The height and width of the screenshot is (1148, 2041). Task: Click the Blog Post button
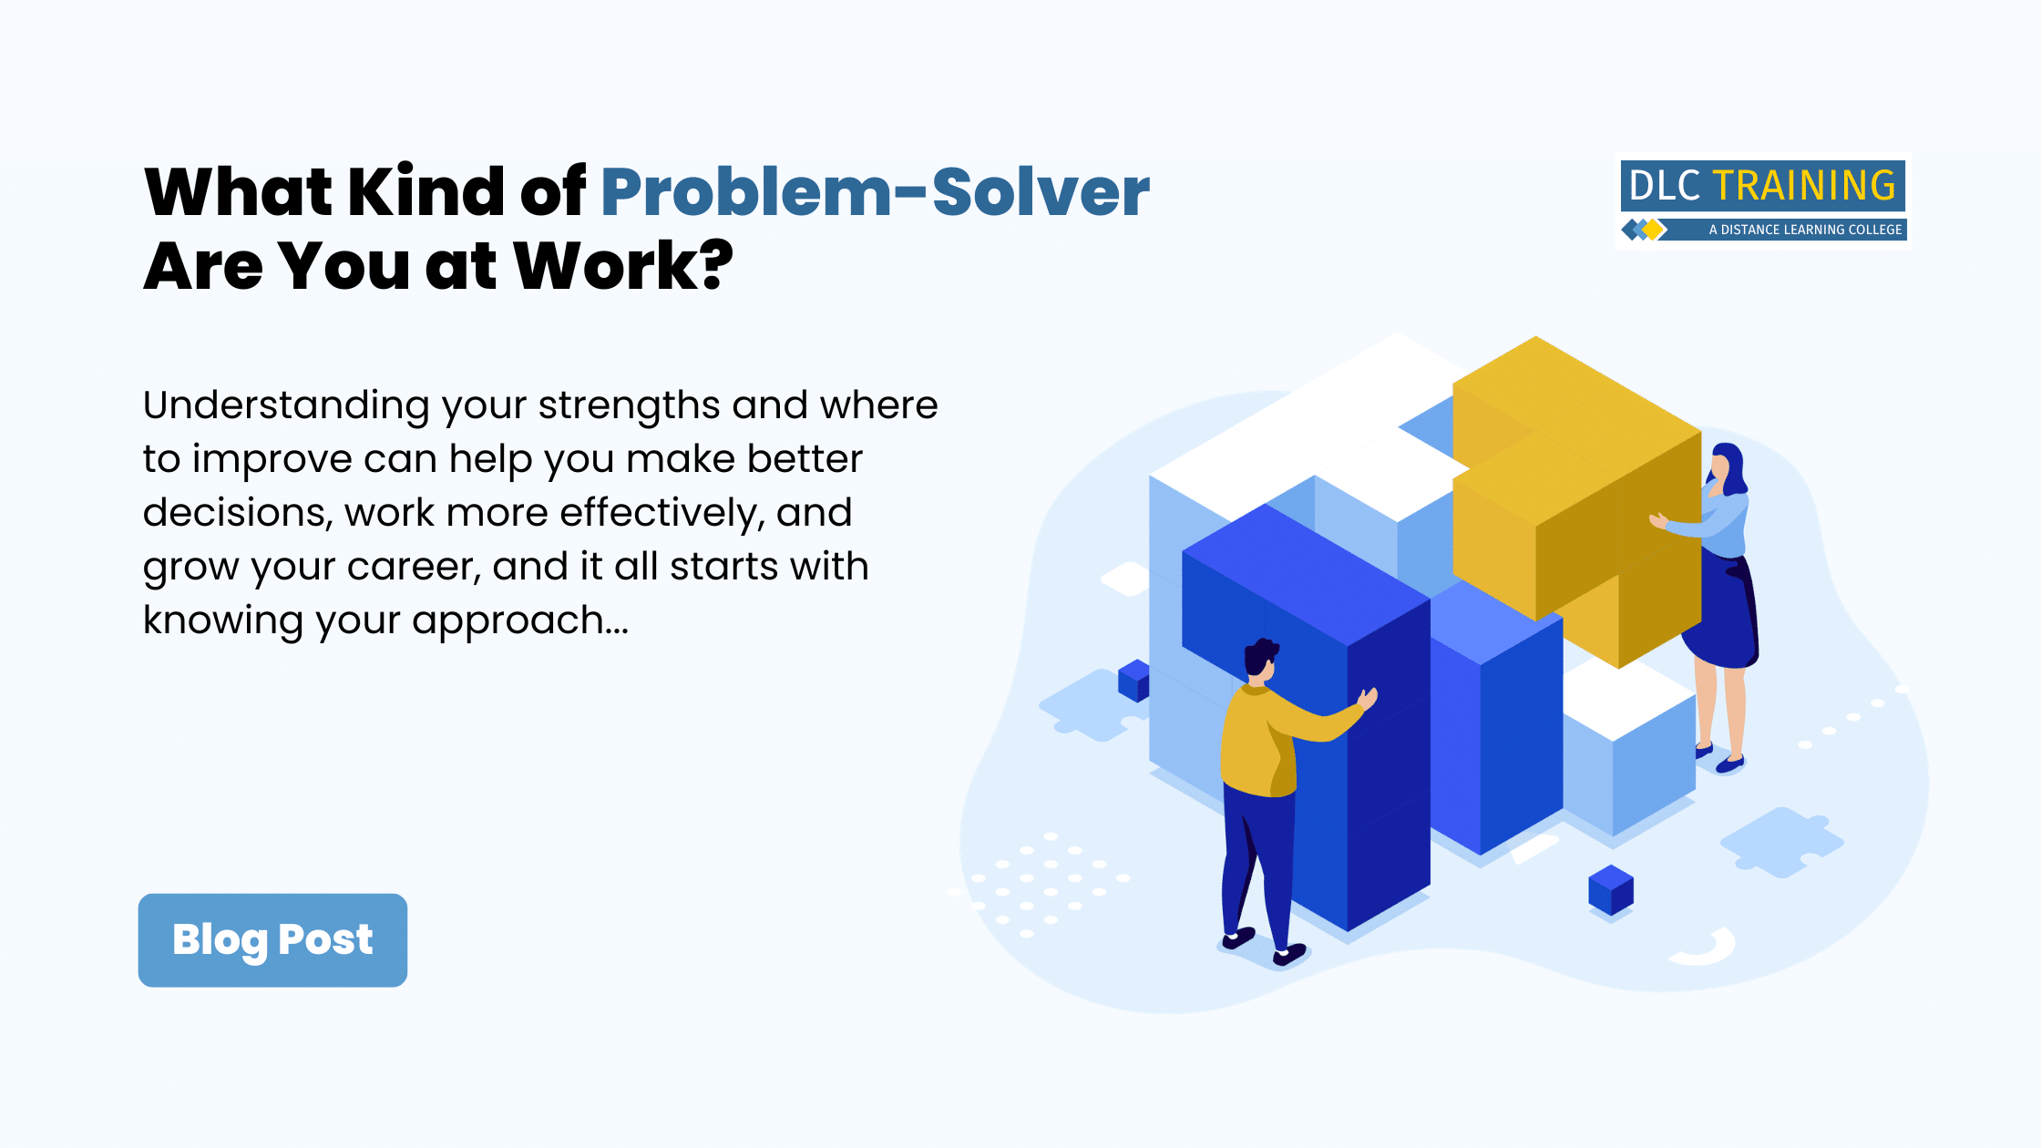pyautogui.click(x=272, y=939)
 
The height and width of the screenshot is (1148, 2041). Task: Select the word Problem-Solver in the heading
pyautogui.click(x=875, y=192)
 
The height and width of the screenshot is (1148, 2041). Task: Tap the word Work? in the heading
pyautogui.click(x=623, y=266)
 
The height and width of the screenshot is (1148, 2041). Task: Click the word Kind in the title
pyautogui.click(x=426, y=192)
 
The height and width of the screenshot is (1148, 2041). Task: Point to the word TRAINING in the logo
pyautogui.click(x=1804, y=186)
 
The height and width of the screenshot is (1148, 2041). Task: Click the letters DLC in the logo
pyautogui.click(x=1664, y=186)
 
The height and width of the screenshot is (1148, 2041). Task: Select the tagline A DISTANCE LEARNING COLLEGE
pyautogui.click(x=1805, y=230)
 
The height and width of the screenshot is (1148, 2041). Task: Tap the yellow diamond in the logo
pyautogui.click(x=1653, y=230)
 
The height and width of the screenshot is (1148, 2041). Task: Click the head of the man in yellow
pyautogui.click(x=1261, y=658)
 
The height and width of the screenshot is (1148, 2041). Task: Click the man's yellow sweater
pyautogui.click(x=1262, y=743)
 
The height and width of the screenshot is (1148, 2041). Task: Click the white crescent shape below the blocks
pyautogui.click(x=1706, y=949)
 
